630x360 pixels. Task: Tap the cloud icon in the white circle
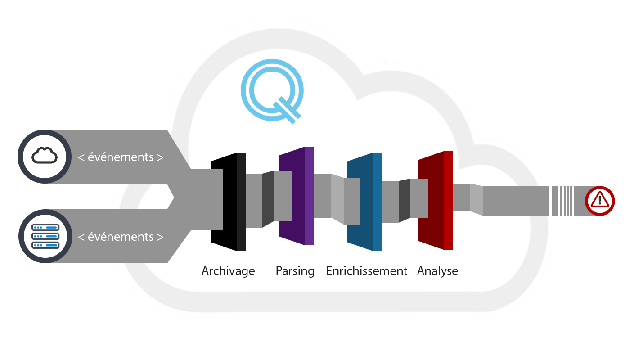[45, 156]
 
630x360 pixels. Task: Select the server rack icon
[45, 236]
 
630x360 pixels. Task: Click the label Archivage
[228, 271]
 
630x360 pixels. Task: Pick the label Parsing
[295, 271]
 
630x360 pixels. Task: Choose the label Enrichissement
[366, 271]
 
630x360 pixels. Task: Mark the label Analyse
[437, 271]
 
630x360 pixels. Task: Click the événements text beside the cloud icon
[121, 157]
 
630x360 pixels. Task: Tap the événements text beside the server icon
[121, 237]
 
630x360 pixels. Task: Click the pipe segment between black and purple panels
[261, 200]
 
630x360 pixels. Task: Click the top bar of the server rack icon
[45, 228]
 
